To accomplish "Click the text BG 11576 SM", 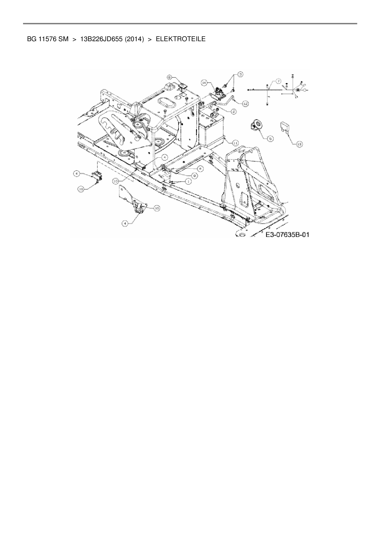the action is pos(48,39).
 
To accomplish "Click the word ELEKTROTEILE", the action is pos(181,39).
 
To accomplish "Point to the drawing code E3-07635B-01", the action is pos(287,234).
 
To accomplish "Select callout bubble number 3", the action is pos(240,74).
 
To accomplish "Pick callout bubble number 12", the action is pos(245,104).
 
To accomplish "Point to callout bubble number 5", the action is pos(270,139).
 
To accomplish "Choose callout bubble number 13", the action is pos(299,144).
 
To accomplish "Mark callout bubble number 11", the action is pos(235,143).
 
